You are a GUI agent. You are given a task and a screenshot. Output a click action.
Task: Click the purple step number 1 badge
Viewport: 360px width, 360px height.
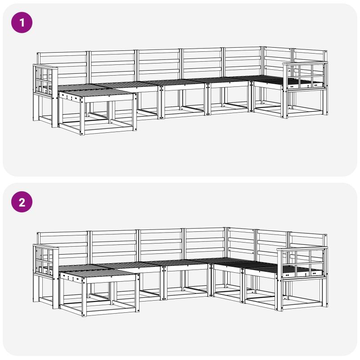[22, 22]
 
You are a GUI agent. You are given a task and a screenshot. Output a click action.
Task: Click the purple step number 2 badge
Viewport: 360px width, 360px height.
[22, 202]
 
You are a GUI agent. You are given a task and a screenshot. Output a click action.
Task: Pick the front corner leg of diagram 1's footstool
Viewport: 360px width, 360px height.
[82, 116]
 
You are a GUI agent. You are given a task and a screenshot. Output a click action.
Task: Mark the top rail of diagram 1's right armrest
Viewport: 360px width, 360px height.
[304, 63]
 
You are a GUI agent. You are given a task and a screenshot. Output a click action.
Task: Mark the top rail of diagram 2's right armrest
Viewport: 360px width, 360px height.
[302, 249]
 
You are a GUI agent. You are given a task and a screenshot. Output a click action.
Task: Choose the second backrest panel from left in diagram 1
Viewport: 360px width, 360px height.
[112, 64]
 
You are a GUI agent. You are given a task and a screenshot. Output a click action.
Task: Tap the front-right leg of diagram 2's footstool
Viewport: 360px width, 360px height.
[137, 293]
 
